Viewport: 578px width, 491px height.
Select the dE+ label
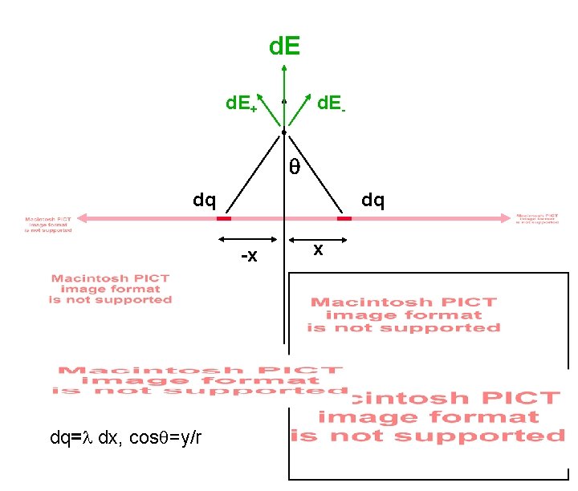240,103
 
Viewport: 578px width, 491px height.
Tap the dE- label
331,103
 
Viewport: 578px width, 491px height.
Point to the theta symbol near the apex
295,168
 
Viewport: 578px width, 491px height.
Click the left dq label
203,199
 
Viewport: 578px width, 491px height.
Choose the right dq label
372,199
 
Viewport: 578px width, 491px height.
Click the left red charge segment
224,217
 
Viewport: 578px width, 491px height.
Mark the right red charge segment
344,217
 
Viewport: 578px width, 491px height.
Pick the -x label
250,257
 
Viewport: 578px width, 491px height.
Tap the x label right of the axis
318,250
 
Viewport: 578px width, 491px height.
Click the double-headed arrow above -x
248,239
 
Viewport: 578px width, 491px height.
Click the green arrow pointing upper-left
271,111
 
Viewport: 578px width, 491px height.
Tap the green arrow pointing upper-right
298,111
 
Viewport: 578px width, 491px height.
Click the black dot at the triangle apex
284,132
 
